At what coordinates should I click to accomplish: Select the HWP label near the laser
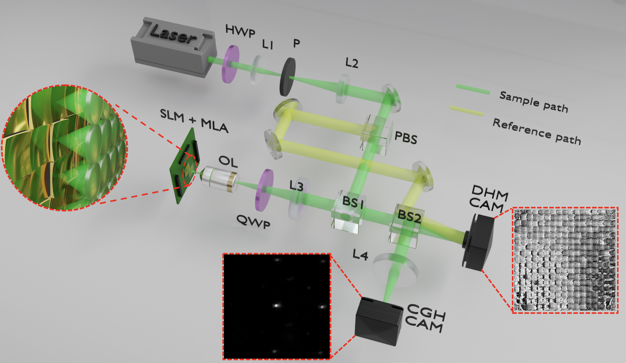240,31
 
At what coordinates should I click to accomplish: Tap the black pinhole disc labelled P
288,77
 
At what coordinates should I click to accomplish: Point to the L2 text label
352,63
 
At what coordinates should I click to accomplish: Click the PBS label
406,138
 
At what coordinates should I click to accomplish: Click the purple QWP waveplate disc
264,190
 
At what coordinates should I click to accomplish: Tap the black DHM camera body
478,242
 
